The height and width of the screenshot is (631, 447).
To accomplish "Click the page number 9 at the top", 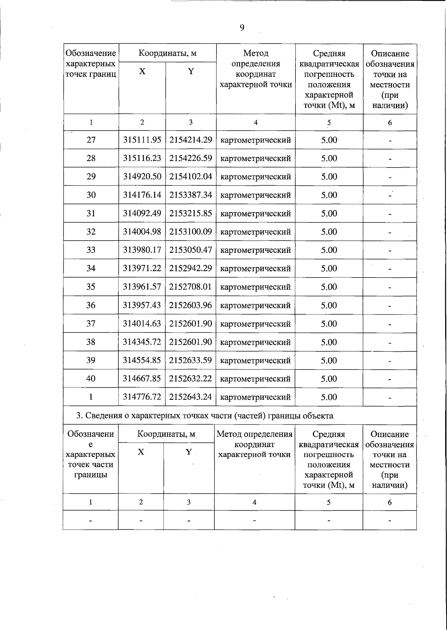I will click(x=242, y=28).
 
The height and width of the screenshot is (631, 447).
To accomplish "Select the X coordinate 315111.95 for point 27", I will click(x=142, y=140).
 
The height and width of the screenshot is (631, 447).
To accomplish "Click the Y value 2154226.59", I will click(x=191, y=158).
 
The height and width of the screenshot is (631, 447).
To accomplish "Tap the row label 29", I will click(x=91, y=176).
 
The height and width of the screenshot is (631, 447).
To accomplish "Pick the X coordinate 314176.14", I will click(x=142, y=195).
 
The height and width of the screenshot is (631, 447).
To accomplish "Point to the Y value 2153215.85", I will click(x=191, y=213).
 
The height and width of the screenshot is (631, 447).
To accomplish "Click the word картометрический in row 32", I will click(x=256, y=232).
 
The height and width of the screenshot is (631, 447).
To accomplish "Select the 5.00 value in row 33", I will click(x=329, y=250).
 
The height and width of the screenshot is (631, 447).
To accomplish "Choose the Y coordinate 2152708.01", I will click(x=191, y=287).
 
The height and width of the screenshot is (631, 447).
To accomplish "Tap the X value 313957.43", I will click(x=142, y=305).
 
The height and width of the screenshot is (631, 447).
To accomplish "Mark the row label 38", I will click(x=91, y=342).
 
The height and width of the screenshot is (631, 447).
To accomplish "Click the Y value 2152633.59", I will click(x=191, y=361).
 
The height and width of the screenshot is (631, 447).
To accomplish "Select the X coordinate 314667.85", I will click(x=142, y=379).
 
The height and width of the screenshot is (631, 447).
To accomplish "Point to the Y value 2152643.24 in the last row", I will click(x=191, y=397).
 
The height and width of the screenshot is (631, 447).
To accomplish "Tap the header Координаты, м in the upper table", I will click(x=168, y=53).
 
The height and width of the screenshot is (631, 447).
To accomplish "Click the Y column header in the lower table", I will click(x=189, y=452).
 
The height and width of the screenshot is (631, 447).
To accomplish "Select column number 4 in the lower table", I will click(x=254, y=502).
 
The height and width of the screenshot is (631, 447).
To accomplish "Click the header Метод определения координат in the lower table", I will click(x=254, y=444).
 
